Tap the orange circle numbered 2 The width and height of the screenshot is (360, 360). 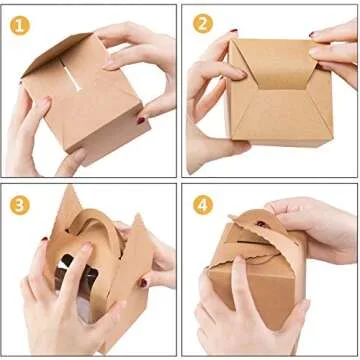click(x=203, y=23)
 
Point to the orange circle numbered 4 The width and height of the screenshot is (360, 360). click(x=203, y=203)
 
